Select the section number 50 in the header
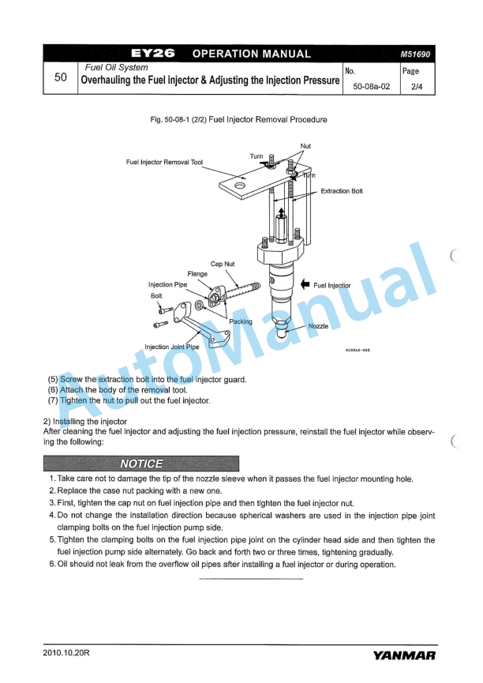tap(60, 78)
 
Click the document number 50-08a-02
tap(371, 88)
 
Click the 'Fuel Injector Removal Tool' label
tap(164, 162)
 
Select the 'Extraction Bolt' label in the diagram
tap(342, 191)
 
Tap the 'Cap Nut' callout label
tap(222, 264)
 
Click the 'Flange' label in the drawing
tap(197, 274)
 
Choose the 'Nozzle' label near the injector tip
tap(318, 325)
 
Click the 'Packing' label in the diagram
tap(241, 321)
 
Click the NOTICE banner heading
tap(142, 463)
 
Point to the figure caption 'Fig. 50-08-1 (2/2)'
tap(233, 119)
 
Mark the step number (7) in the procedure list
tap(54, 400)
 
